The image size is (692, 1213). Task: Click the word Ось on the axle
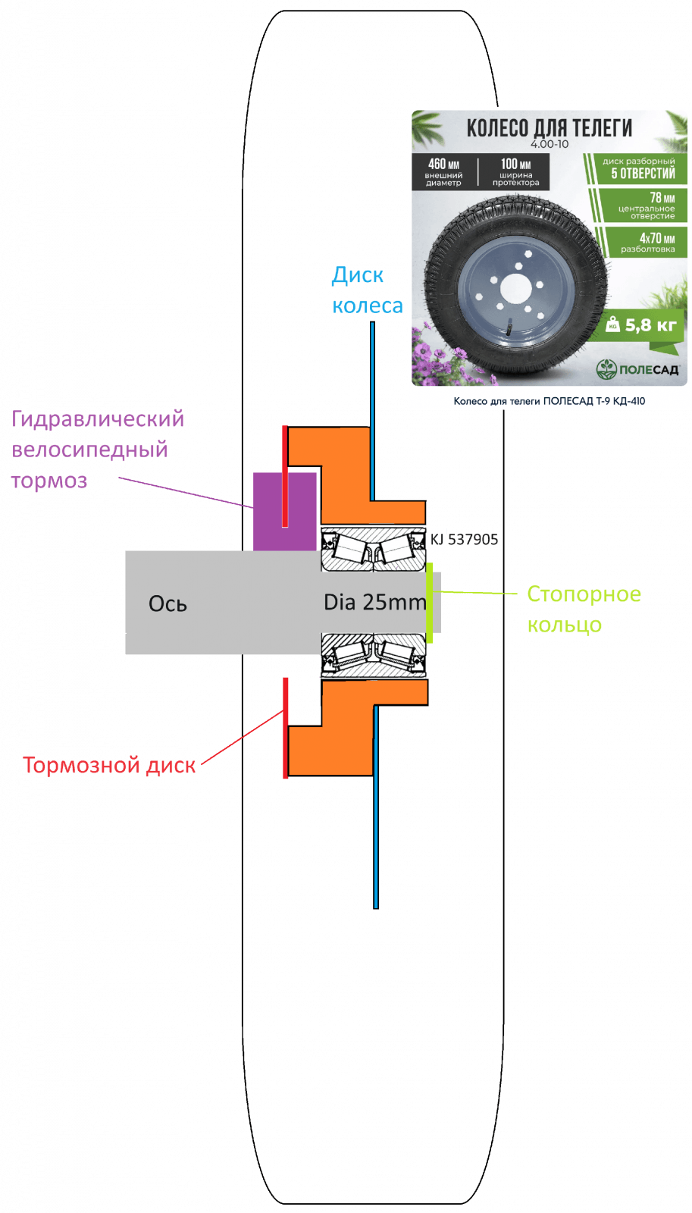pos(168,603)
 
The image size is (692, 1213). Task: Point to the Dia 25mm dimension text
pos(374,602)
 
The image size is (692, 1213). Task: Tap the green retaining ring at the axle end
pos(430,603)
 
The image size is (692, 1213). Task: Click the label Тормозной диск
pos(109,765)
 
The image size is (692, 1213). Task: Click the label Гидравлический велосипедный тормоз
pos(97,450)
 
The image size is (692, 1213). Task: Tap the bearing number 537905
pos(473,539)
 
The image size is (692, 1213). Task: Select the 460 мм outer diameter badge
pos(443,171)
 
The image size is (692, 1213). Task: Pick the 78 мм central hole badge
pos(647,205)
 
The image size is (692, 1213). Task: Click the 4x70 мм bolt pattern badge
pos(647,243)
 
